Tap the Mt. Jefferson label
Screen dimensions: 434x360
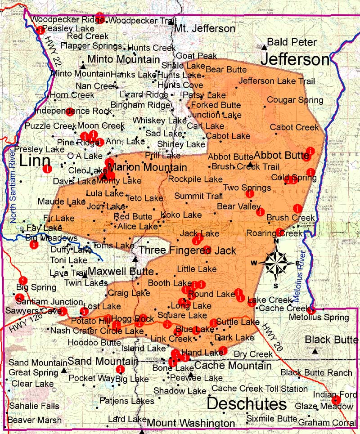click(x=205, y=29)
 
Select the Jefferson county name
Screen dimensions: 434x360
click(x=296, y=60)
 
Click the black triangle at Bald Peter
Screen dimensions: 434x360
click(x=264, y=46)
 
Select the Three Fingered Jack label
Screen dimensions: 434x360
click(x=188, y=250)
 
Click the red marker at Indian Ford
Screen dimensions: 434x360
click(x=335, y=400)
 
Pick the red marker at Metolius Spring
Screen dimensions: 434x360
click(x=311, y=310)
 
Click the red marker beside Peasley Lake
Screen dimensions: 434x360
click(x=40, y=30)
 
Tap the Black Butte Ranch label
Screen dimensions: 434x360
click(x=316, y=372)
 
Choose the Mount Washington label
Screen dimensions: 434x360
click(x=191, y=423)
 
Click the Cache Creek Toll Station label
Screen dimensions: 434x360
click(x=260, y=388)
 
